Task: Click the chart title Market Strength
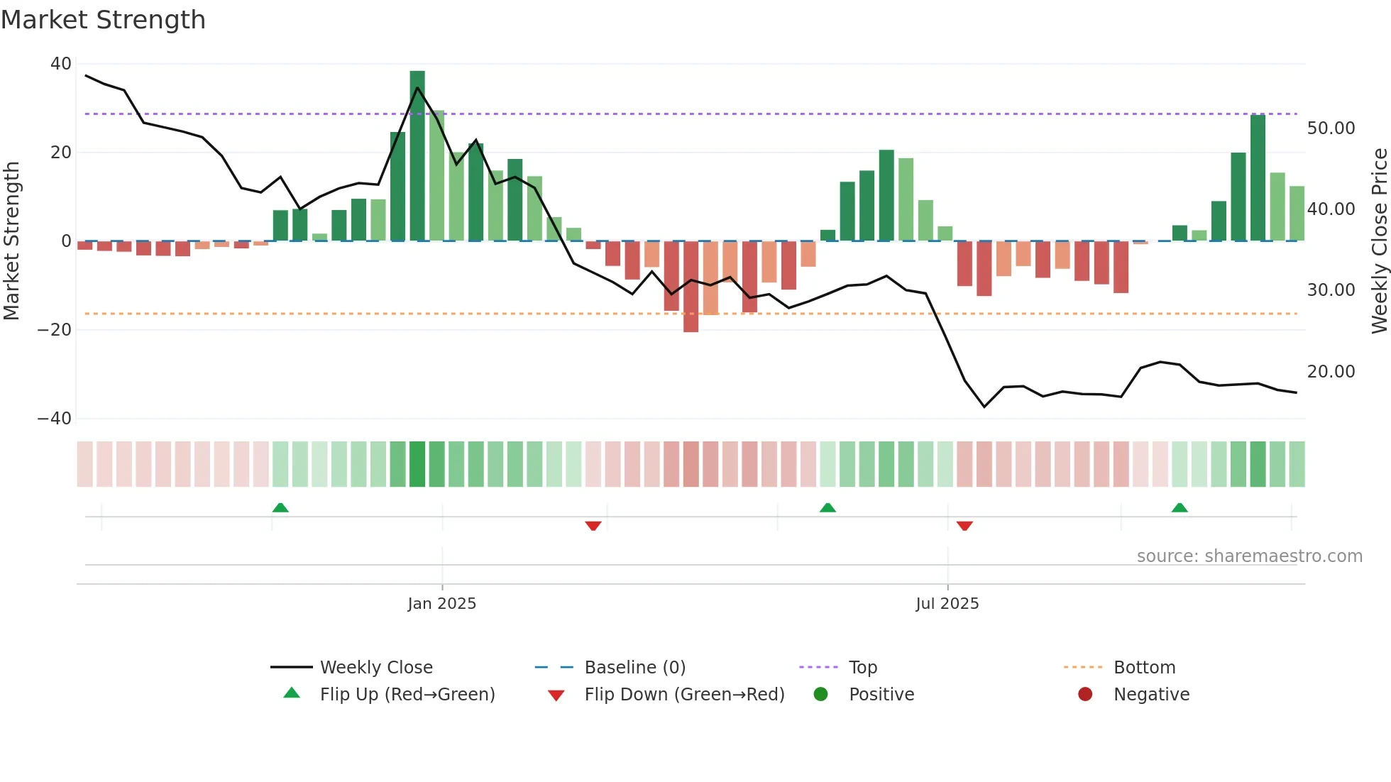tap(103, 20)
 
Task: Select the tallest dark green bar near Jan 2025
tap(417, 156)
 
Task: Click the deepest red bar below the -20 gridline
tap(691, 287)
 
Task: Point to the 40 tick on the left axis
tap(61, 64)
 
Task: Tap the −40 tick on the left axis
tap(55, 419)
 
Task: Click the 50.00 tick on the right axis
tap(1331, 128)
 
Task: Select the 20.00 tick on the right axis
tap(1331, 372)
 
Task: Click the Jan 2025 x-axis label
tap(441, 604)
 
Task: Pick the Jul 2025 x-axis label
tap(947, 604)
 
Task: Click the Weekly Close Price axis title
tap(1379, 241)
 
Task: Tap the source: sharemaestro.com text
tap(1249, 556)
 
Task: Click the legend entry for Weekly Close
tap(376, 668)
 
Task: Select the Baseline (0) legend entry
tap(634, 668)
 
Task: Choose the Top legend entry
tap(863, 668)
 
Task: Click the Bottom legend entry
tap(1144, 668)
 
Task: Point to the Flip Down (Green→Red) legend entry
tap(684, 695)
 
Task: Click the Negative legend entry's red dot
tap(1085, 695)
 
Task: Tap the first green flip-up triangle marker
tap(280, 508)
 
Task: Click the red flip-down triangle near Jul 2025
tap(964, 526)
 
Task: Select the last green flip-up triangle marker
tap(1180, 508)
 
